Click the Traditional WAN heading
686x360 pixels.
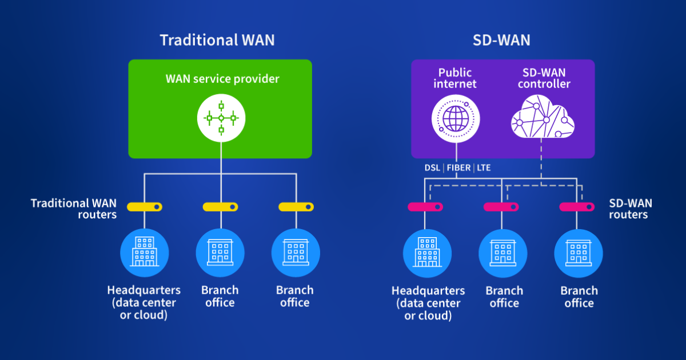pyautogui.click(x=217, y=40)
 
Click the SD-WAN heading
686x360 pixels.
pyautogui.click(x=502, y=40)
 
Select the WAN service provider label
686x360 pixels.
pyautogui.click(x=222, y=79)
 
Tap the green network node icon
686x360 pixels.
pyautogui.click(x=221, y=118)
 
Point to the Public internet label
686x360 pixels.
pyautogui.click(x=455, y=78)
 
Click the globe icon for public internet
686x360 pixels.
pyautogui.click(x=455, y=119)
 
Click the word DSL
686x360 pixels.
pyautogui.click(x=433, y=168)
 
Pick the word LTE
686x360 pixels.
pyautogui.click(x=484, y=168)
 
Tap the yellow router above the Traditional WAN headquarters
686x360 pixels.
pyautogui.click(x=145, y=206)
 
